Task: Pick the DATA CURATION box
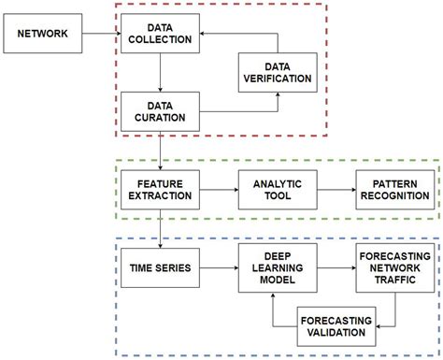click(x=161, y=110)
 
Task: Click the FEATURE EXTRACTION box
click(x=161, y=189)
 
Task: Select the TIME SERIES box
click(x=161, y=268)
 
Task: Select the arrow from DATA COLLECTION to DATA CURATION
click(x=161, y=73)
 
